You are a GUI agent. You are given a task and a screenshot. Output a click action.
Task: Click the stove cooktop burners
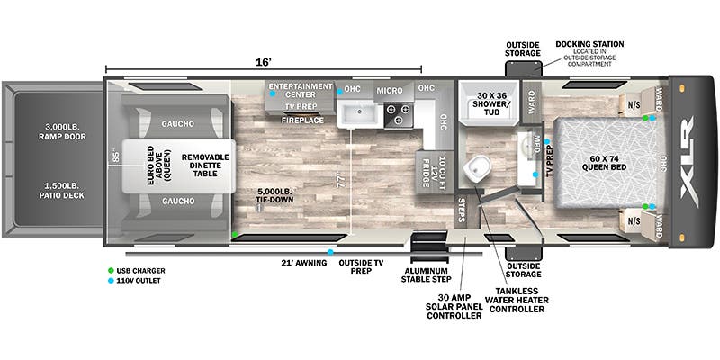(397, 114)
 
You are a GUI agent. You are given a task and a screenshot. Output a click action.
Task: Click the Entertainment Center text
(301, 90)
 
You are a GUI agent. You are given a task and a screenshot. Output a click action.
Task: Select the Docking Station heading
(589, 43)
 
